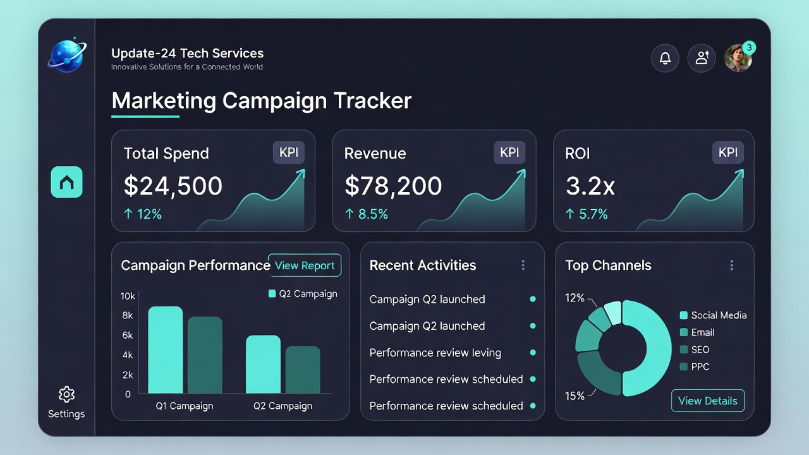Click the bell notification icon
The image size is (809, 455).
click(665, 58)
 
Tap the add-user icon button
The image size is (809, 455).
click(702, 58)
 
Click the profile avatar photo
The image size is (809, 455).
click(738, 58)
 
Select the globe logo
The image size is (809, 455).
click(66, 56)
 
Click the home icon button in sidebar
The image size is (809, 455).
click(66, 182)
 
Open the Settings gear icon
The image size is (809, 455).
click(66, 395)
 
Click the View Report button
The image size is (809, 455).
click(305, 265)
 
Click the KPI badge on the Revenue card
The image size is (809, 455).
click(509, 152)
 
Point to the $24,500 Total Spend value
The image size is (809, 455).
click(173, 186)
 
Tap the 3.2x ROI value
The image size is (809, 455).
click(590, 186)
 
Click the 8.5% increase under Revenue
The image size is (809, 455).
click(367, 214)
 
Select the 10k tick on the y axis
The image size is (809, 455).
click(128, 296)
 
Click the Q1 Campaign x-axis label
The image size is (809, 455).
click(185, 406)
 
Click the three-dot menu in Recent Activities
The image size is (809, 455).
click(523, 265)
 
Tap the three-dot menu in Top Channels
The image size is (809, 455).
click(732, 265)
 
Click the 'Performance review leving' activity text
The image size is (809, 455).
click(435, 353)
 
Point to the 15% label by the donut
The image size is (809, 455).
click(575, 396)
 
